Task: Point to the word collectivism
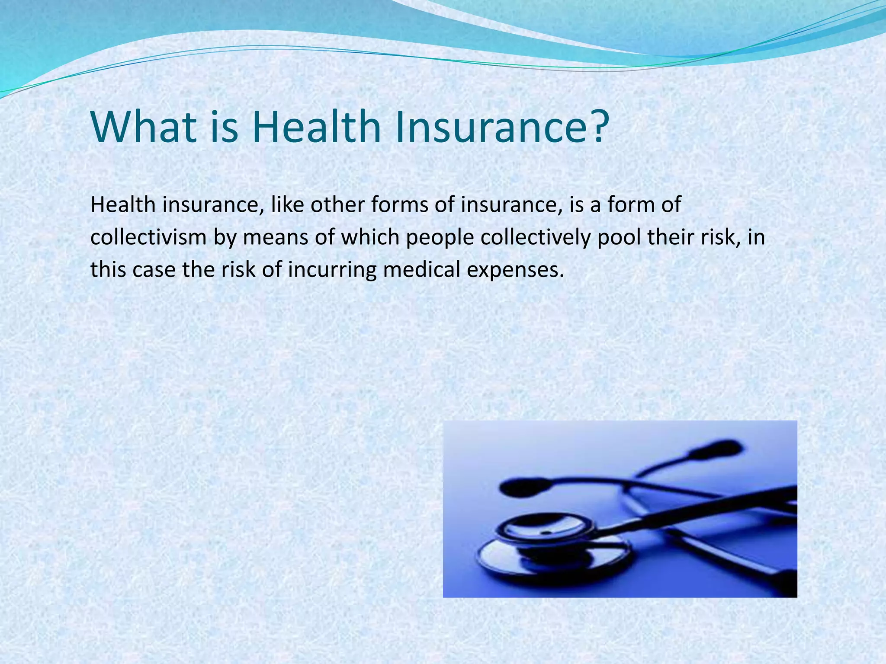click(x=148, y=237)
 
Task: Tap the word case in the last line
click(x=154, y=270)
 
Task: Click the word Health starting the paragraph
click(x=123, y=204)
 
